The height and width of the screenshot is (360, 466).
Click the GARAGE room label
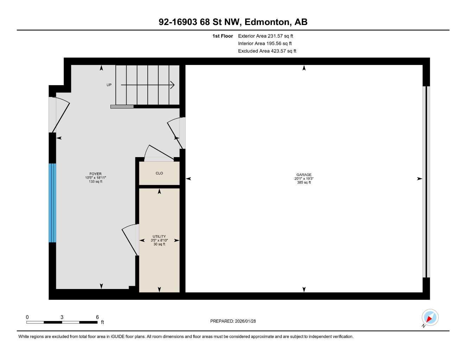[304, 175]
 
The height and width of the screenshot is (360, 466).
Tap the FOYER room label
[95, 174]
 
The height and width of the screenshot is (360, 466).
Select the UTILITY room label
[159, 236]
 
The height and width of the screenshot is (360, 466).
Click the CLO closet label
[159, 173]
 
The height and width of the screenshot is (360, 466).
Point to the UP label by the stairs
[109, 85]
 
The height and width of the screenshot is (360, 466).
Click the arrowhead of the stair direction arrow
[172, 85]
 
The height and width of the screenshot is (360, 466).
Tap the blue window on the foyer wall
[52, 203]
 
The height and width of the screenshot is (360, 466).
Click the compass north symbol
[429, 318]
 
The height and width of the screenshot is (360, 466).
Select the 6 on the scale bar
[97, 317]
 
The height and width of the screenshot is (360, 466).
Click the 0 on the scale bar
[27, 317]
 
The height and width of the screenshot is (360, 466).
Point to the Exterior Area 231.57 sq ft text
[265, 36]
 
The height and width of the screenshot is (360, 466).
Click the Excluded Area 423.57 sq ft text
[267, 51]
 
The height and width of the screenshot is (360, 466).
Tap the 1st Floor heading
[222, 36]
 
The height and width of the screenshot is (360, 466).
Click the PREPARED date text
[233, 321]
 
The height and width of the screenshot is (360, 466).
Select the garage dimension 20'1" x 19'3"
[304, 179]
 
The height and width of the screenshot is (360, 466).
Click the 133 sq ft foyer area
[95, 182]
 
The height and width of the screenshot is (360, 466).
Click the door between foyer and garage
[176, 132]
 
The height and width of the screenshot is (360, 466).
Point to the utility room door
[130, 239]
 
